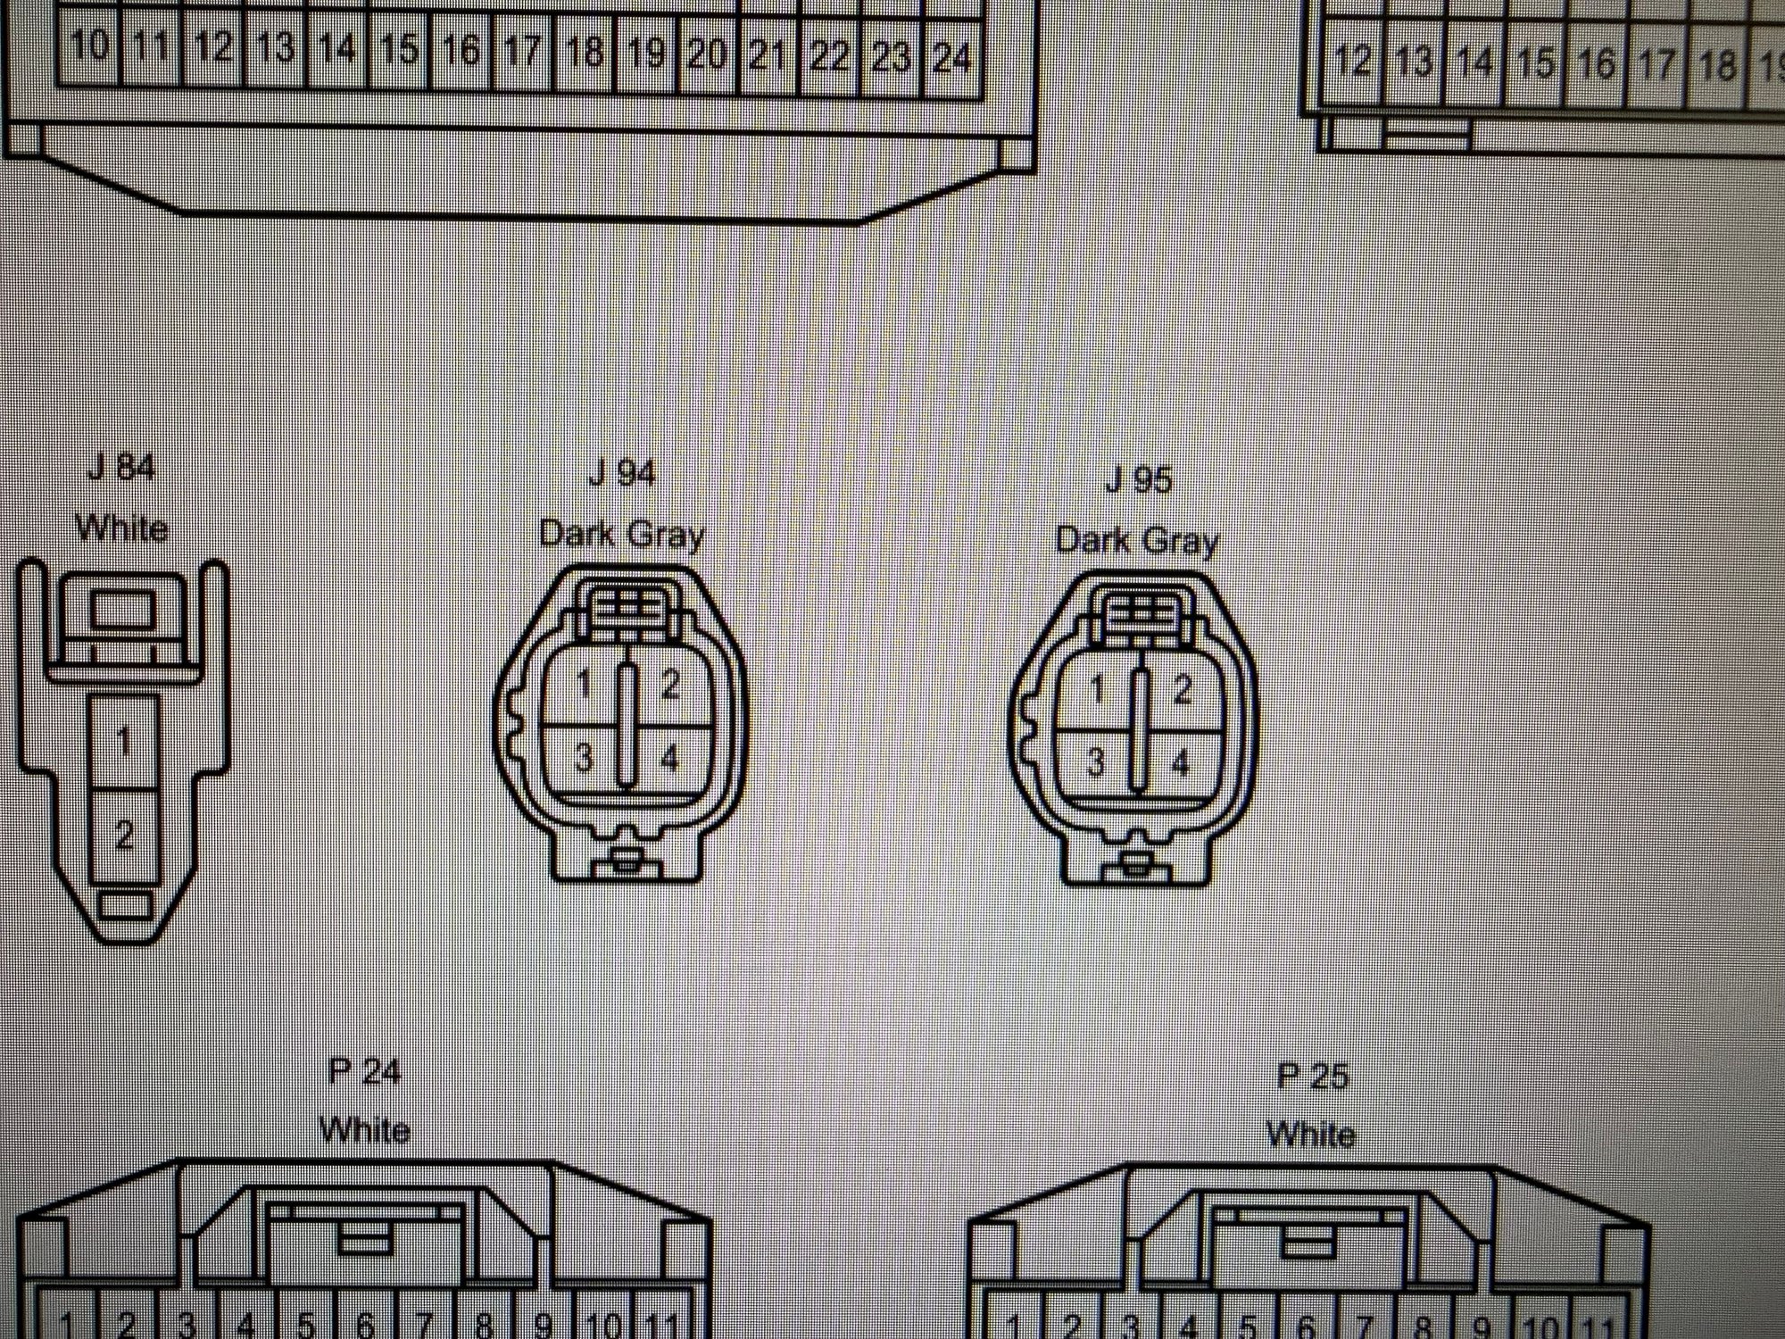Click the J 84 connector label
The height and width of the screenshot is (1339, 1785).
click(x=121, y=467)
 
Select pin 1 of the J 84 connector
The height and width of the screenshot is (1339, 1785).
click(x=124, y=741)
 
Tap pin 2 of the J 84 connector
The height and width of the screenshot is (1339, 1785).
click(x=124, y=835)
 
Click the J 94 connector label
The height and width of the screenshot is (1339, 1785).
click(x=622, y=473)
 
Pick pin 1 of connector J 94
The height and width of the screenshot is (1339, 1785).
click(x=584, y=686)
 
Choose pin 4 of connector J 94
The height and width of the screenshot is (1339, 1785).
click(x=668, y=759)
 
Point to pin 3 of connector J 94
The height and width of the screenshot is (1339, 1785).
click(x=584, y=758)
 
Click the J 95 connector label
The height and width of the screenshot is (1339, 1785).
click(x=1138, y=480)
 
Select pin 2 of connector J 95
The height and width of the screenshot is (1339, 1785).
click(x=1183, y=690)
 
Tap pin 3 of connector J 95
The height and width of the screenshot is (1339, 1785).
click(x=1096, y=762)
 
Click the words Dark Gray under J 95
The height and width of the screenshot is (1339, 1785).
click(x=1136, y=540)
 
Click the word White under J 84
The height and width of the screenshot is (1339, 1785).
click(x=122, y=528)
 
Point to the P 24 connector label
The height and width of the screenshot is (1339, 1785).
click(x=365, y=1070)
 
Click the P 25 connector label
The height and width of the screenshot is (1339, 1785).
click(x=1311, y=1076)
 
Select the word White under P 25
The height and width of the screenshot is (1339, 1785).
click(x=1310, y=1135)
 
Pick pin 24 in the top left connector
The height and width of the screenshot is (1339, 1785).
click(x=951, y=57)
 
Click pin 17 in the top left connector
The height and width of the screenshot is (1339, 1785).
click(x=522, y=52)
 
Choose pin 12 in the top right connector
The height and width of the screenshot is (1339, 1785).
click(x=1352, y=61)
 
